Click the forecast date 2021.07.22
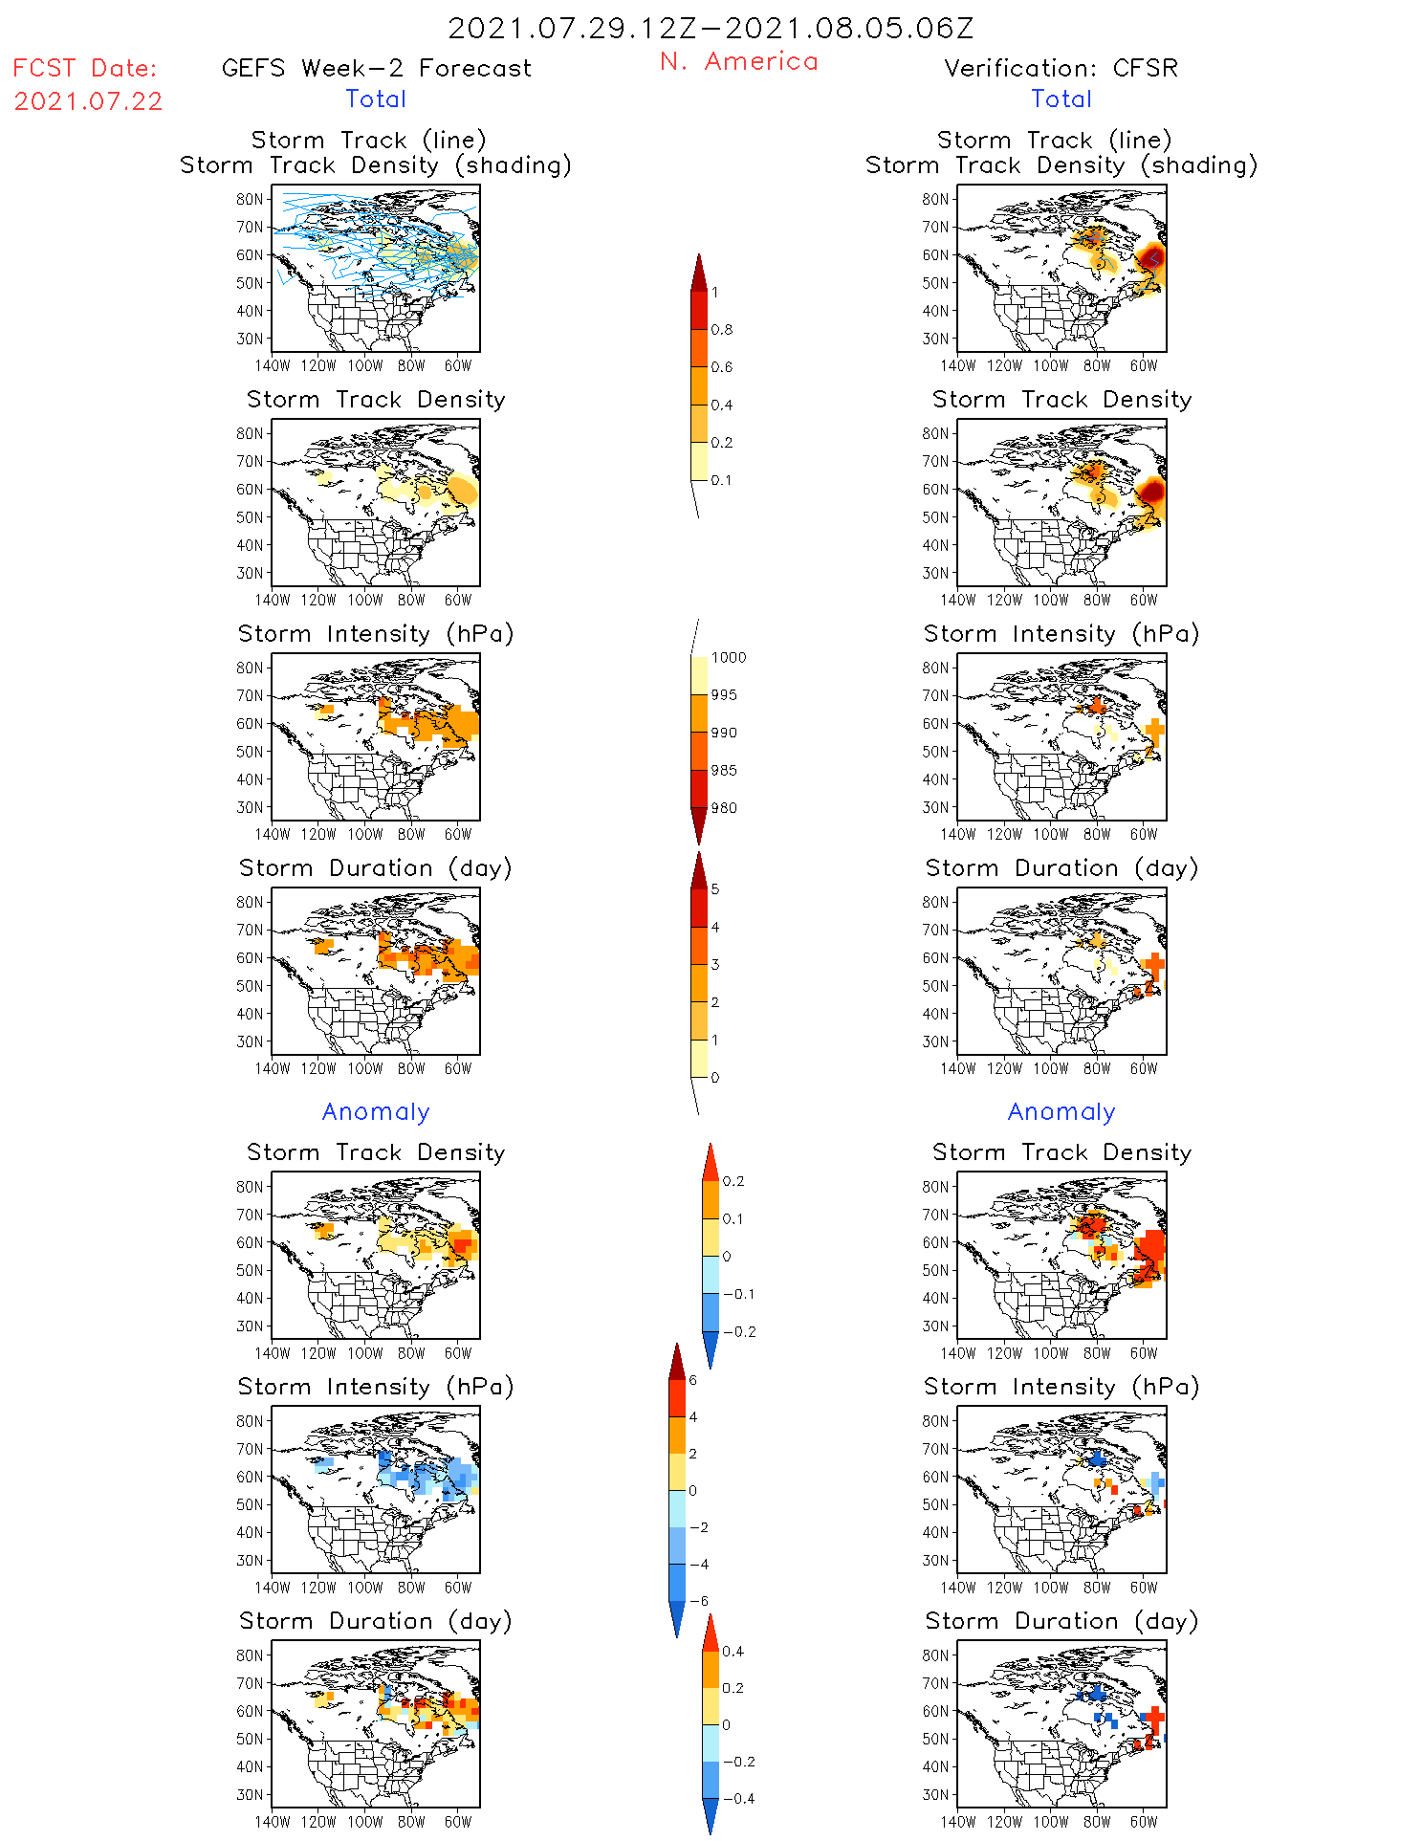(x=88, y=101)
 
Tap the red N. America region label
(x=738, y=62)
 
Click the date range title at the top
(x=711, y=29)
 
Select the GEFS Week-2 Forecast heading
(x=376, y=69)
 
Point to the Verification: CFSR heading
(x=1061, y=69)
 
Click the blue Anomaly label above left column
(x=376, y=1112)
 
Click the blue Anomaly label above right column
(x=1061, y=1112)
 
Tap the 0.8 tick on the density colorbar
(x=722, y=330)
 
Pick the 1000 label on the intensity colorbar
(x=728, y=658)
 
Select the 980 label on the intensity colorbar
(x=724, y=808)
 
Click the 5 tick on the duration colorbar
(x=715, y=889)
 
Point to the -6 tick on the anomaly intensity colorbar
(x=699, y=1601)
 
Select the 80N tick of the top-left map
(x=250, y=200)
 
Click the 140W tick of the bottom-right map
(x=957, y=1822)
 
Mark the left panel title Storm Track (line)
(x=368, y=141)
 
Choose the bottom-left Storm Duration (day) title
(x=376, y=1621)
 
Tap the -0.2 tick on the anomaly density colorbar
(x=738, y=1332)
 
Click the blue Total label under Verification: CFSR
(x=1061, y=99)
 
